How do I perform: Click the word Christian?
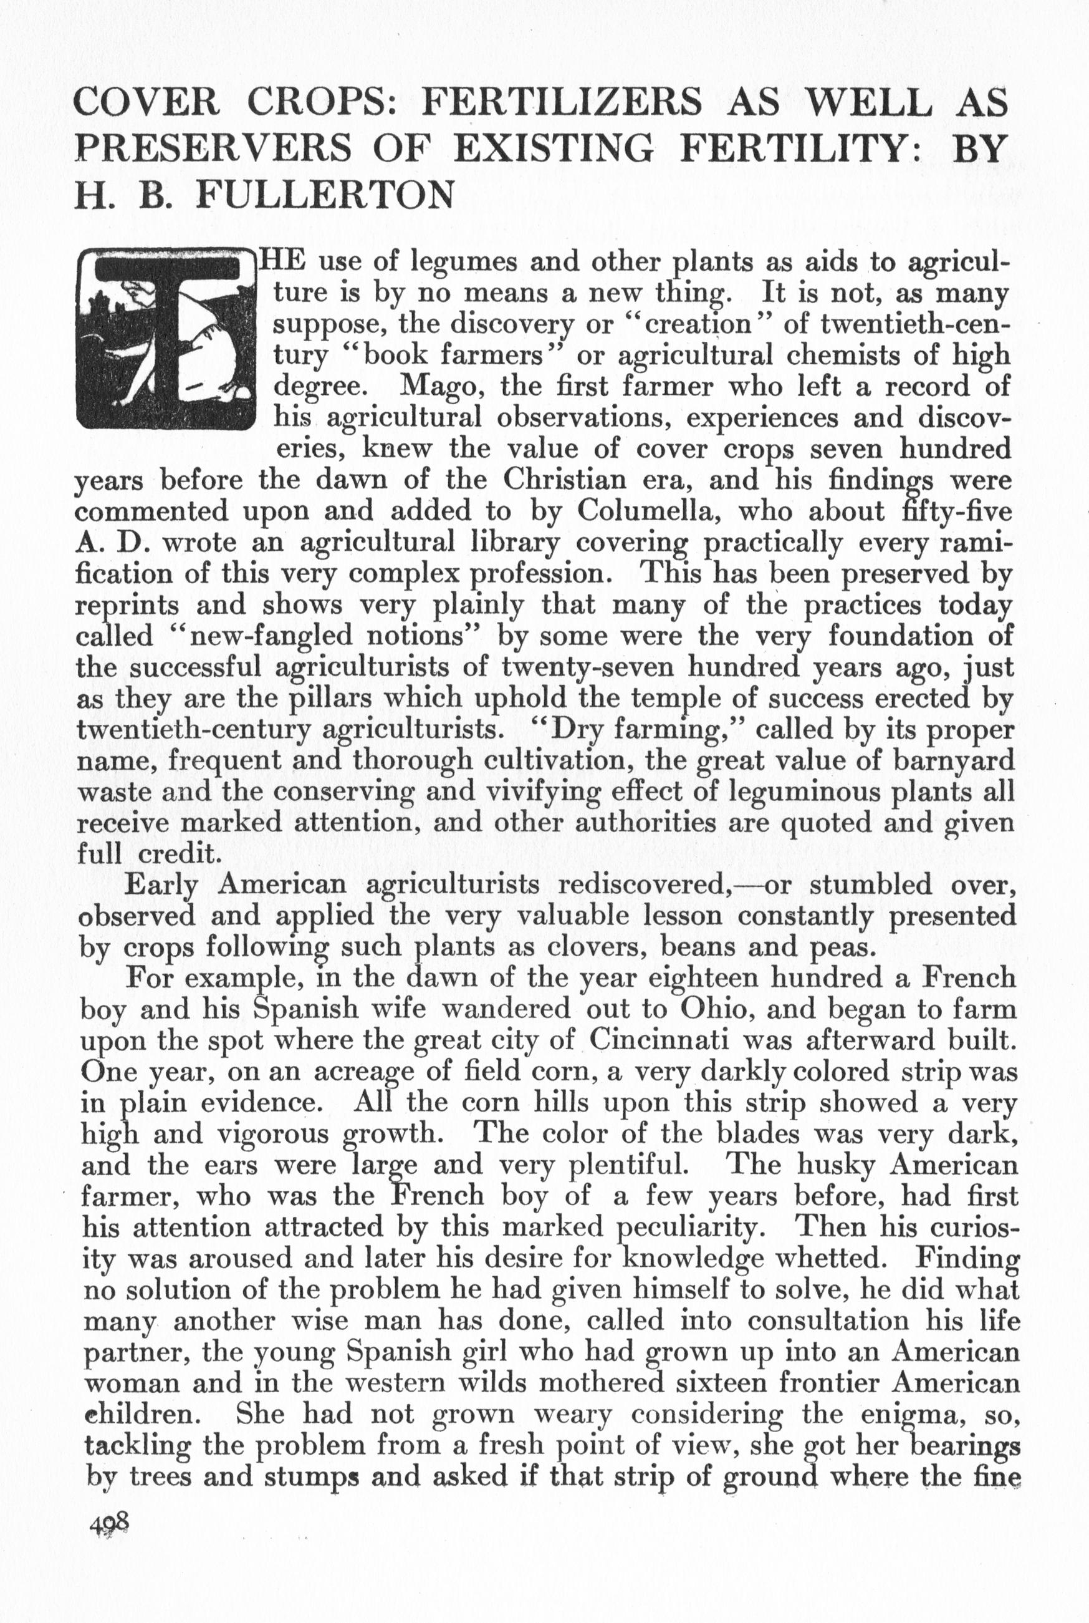point(565,480)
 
